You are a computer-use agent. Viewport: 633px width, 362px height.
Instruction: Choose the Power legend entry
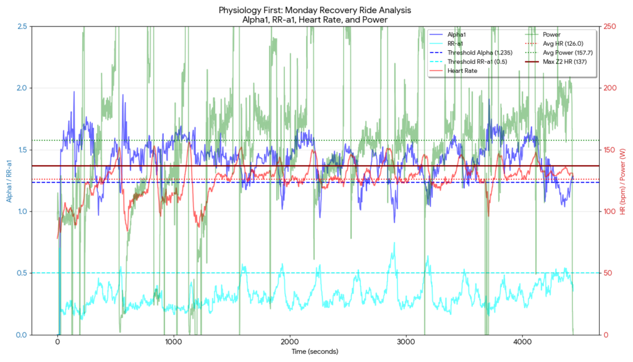[551, 35]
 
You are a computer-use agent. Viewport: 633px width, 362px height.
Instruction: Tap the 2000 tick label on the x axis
[290, 342]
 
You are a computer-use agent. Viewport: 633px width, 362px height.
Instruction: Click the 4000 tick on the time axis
[522, 342]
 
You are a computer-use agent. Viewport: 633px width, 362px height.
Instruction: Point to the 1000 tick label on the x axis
[174, 342]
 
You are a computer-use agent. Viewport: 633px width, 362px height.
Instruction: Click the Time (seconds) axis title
[316, 351]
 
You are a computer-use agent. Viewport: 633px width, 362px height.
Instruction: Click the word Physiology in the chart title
[238, 11]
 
